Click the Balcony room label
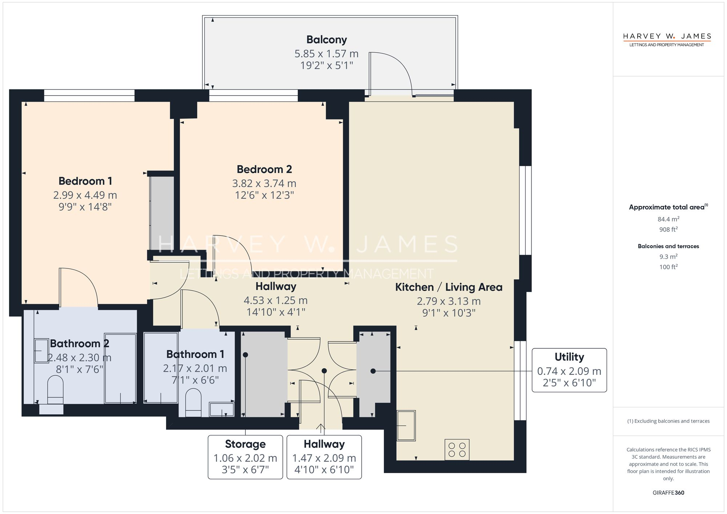(326, 40)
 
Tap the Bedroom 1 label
(85, 181)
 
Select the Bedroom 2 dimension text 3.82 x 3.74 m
(264, 183)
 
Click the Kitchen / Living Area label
(449, 287)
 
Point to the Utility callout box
(569, 370)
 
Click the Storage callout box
(245, 457)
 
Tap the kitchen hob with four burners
(457, 450)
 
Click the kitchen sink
(406, 425)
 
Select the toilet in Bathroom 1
(193, 403)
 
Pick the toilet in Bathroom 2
(55, 390)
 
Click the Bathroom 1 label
(195, 354)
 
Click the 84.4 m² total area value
(668, 219)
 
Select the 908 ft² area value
(668, 229)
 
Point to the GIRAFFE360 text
(668, 493)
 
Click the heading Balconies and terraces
(668, 246)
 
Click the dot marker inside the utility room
(373, 371)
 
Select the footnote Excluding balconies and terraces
(668, 421)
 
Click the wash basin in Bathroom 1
(222, 409)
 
